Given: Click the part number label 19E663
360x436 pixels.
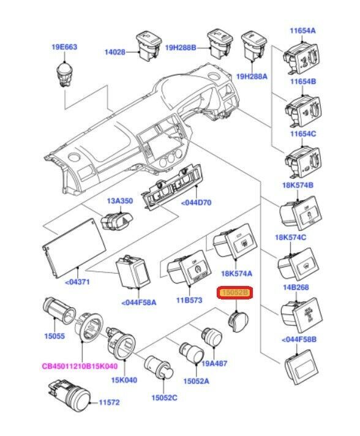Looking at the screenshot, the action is [x=64, y=47].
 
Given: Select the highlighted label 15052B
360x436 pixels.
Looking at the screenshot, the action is [x=234, y=293].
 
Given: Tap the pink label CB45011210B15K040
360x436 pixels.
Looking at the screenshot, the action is [x=80, y=366].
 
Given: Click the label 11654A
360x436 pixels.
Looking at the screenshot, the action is [x=302, y=30].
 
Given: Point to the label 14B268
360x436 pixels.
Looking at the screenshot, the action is [x=296, y=287].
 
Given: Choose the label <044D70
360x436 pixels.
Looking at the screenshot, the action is [x=197, y=203].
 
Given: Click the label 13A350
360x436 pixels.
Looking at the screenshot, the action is [x=120, y=201].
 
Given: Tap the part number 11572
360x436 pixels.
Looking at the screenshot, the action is [x=109, y=402].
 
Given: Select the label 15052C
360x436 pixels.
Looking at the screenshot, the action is [x=164, y=398].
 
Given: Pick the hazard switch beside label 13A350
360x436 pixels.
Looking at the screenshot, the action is [x=117, y=221].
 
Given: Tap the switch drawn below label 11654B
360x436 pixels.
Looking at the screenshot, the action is [x=304, y=111].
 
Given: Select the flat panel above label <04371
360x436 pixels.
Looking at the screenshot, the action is [x=74, y=248].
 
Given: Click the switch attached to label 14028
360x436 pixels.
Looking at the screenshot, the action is [x=149, y=45].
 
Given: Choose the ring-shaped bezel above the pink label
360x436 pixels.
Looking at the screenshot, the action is [x=88, y=328].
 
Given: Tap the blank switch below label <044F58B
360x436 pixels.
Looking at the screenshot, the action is [x=302, y=367].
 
